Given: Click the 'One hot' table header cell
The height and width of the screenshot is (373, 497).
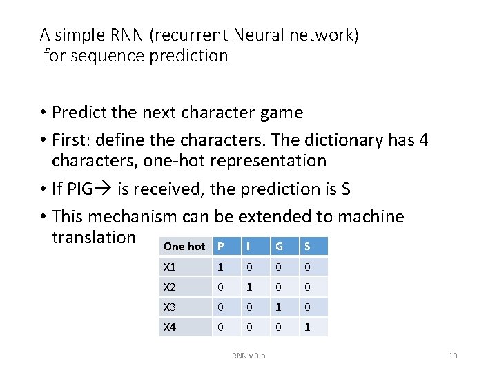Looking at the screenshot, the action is click(x=184, y=247).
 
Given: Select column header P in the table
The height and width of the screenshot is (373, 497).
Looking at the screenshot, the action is click(x=220, y=247).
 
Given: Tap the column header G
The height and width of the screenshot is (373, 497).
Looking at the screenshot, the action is click(x=279, y=247).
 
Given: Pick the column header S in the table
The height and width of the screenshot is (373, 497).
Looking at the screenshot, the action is click(x=307, y=247).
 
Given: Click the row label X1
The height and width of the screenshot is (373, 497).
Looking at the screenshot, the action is click(x=169, y=267).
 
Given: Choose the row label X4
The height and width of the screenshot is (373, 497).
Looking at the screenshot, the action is click(x=169, y=327).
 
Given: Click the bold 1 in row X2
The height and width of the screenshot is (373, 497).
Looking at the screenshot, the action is click(x=249, y=287).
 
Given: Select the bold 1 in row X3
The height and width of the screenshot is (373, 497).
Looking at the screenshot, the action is click(x=279, y=307).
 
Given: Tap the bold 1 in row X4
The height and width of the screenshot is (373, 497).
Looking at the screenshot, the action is click(x=308, y=327).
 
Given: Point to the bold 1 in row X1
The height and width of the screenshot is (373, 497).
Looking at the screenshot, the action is click(x=220, y=267).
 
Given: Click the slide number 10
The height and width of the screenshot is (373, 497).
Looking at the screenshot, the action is click(x=453, y=356).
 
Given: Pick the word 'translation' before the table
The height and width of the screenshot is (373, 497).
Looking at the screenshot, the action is click(x=94, y=237).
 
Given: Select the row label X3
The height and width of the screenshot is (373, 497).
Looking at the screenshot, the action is click(x=169, y=307).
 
